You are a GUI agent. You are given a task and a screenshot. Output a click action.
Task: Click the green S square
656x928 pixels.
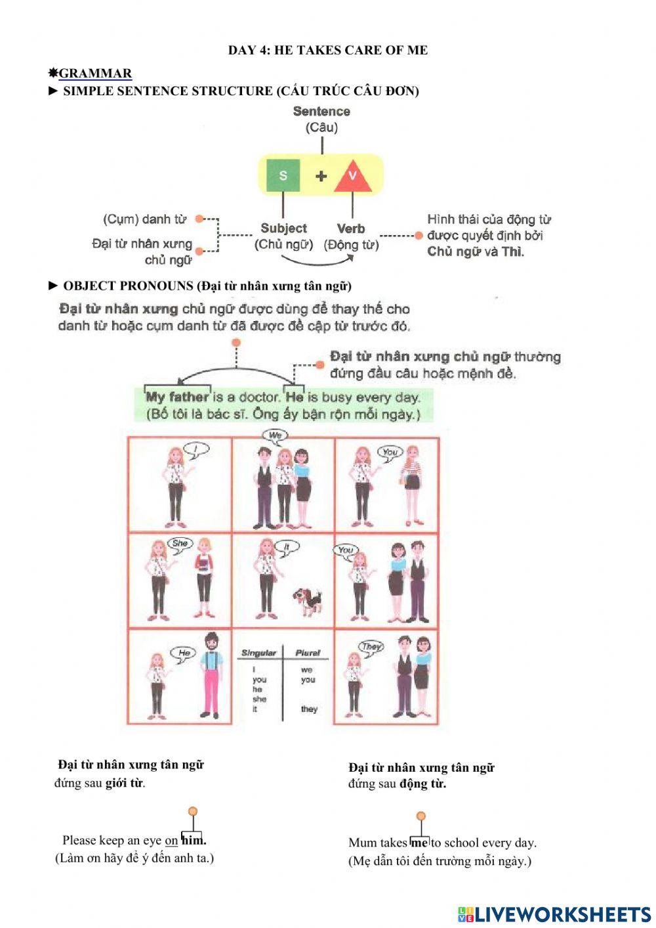coord(283,175)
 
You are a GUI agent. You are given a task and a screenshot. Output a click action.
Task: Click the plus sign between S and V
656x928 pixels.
coord(321,176)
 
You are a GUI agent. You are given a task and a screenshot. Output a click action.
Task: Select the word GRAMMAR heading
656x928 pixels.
coord(95,73)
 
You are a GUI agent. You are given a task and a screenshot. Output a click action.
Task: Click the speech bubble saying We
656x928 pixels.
coord(275,435)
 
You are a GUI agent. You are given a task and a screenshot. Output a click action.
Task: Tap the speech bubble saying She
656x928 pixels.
coord(180,543)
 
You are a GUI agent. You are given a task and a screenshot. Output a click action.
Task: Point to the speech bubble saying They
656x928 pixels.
coord(371,646)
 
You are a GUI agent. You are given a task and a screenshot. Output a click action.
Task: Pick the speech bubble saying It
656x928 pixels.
coord(287,546)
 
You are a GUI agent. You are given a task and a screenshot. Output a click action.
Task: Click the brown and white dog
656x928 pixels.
coord(307,600)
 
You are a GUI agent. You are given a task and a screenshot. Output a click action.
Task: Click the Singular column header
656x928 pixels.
coord(258,653)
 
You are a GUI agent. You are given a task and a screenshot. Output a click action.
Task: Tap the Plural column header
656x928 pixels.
coord(308,653)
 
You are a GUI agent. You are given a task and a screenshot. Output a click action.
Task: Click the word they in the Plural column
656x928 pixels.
coord(309,709)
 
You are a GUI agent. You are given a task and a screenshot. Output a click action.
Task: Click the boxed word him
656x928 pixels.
coord(193,840)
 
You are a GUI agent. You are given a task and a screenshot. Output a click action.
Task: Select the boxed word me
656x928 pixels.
coord(419,843)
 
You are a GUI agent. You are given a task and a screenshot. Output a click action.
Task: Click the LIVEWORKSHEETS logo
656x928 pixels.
coord(554,914)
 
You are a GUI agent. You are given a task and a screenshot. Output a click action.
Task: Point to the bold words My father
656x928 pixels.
coord(177,397)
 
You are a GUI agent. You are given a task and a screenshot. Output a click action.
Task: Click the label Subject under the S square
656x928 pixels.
coord(283,229)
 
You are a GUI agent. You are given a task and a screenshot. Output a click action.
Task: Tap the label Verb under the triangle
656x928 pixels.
coord(351,229)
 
